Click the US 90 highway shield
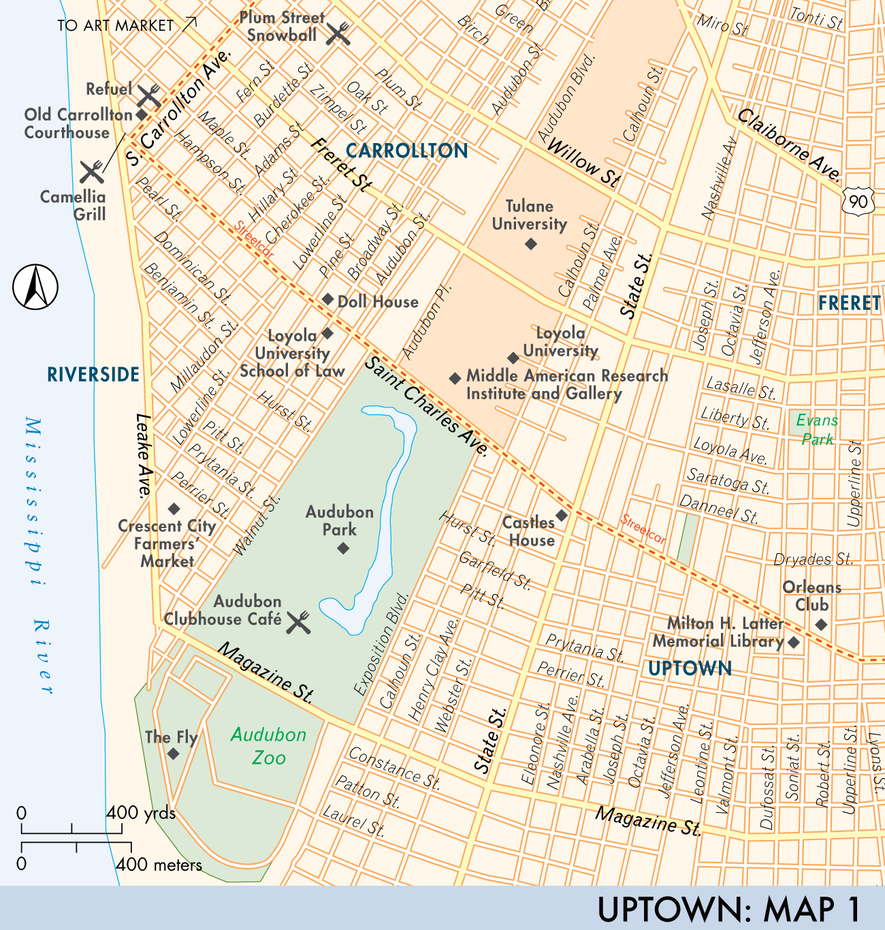tap(858, 201)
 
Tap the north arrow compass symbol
tap(35, 287)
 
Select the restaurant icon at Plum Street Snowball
tap(338, 33)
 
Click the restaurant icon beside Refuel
tap(149, 95)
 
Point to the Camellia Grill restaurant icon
tap(92, 172)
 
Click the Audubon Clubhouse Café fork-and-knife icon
tap(298, 622)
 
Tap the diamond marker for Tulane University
tap(531, 244)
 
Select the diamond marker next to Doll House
tap(327, 299)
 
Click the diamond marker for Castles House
tap(562, 516)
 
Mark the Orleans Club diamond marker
tap(822, 624)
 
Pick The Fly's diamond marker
tap(173, 754)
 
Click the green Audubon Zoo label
tap(268, 746)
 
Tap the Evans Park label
tap(817, 429)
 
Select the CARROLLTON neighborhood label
tap(407, 151)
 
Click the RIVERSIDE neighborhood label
tap(93, 374)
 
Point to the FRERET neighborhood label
tap(849, 303)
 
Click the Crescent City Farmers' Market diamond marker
tap(174, 509)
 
